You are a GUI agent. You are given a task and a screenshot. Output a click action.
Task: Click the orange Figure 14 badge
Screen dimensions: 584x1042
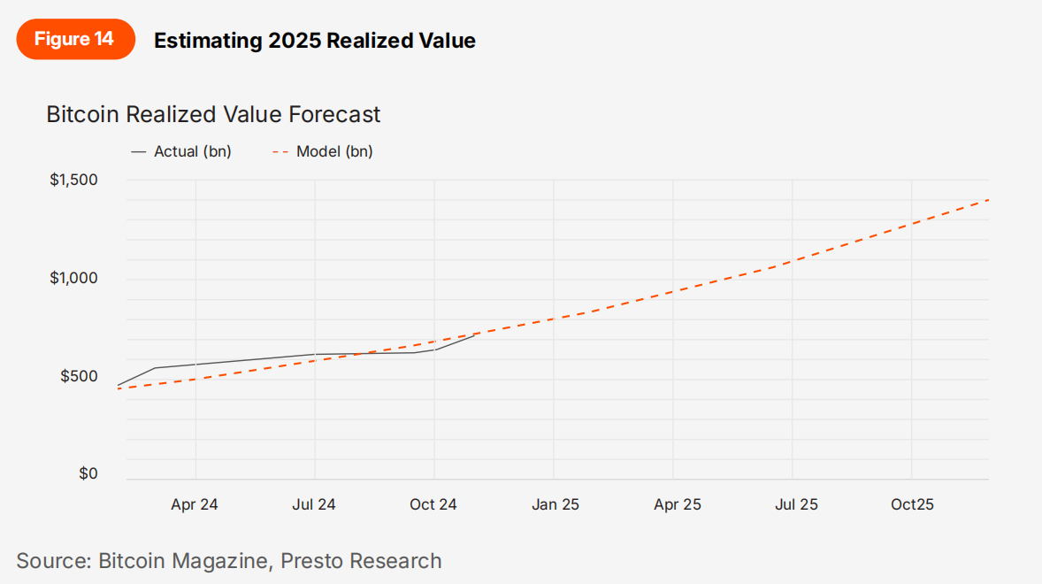[x=75, y=40]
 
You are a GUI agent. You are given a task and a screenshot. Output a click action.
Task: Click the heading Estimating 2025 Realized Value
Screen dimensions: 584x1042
[x=314, y=40]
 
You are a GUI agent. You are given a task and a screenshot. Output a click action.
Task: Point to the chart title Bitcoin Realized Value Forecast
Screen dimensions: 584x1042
[x=213, y=114]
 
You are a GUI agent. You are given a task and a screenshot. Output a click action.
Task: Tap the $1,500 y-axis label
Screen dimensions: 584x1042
[x=73, y=181]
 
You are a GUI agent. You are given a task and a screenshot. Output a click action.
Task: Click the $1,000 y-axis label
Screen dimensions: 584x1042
[x=73, y=279]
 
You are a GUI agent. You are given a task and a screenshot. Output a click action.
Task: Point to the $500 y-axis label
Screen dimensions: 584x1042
[x=79, y=377]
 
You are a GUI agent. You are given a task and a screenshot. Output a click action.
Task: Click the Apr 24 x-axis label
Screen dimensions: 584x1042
[x=195, y=504]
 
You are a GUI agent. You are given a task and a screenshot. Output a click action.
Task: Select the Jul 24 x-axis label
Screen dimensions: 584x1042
[x=314, y=504]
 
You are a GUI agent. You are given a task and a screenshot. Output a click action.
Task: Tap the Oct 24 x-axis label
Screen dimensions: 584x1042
[x=433, y=504]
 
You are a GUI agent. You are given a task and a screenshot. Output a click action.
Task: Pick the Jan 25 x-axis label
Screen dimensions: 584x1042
[x=555, y=504]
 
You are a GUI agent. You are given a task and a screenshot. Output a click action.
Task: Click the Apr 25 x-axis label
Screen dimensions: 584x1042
[x=678, y=504]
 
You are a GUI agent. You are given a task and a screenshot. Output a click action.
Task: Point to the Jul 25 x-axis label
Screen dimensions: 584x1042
[x=796, y=504]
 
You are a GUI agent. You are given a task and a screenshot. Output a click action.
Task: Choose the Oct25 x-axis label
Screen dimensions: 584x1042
[x=912, y=504]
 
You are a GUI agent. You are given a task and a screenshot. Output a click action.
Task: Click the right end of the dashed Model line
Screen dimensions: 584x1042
[x=987, y=200]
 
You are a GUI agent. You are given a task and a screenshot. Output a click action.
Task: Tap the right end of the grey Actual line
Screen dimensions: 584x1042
[x=474, y=336]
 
